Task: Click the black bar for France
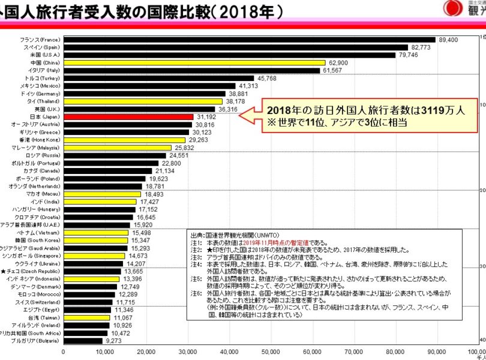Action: (249, 39)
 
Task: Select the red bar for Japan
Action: (128, 117)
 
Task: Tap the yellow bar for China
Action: (194, 62)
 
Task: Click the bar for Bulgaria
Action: (83, 341)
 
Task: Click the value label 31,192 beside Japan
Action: (206, 117)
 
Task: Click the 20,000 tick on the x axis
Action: (146, 351)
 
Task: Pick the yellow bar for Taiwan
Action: (87, 317)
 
